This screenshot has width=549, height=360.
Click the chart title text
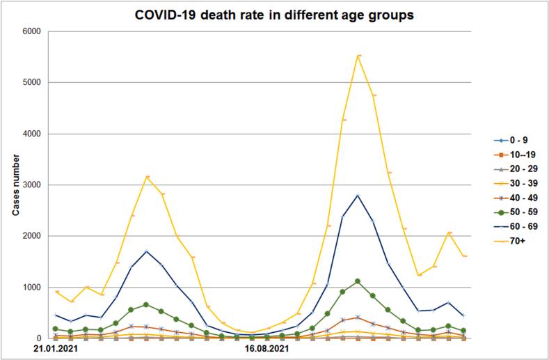pyautogui.click(x=274, y=15)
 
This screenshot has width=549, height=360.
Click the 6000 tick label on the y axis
pyautogui.click(x=33, y=31)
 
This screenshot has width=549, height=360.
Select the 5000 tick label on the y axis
pyautogui.click(x=33, y=82)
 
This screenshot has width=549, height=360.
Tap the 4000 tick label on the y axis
pyautogui.click(x=33, y=134)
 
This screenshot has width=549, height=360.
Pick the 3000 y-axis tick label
pyautogui.click(x=33, y=185)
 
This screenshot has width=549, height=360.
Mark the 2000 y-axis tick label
pyautogui.click(x=33, y=236)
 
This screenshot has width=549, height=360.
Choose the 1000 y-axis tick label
pyautogui.click(x=33, y=287)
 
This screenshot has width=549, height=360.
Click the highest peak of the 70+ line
pyautogui.click(x=358, y=55)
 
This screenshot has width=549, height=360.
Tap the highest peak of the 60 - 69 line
pyautogui.click(x=358, y=195)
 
